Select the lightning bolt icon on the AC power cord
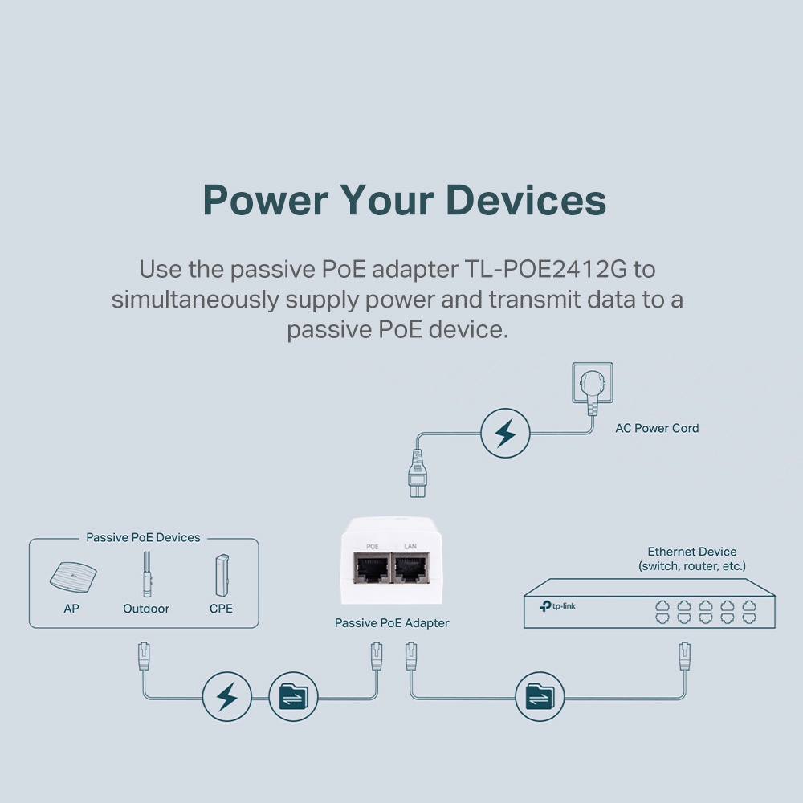click(x=505, y=434)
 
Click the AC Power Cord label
click(x=657, y=428)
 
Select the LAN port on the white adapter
click(x=410, y=569)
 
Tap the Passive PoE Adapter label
click(x=392, y=623)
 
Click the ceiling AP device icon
click(x=71, y=576)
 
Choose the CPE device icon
click(x=221, y=574)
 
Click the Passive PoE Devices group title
click(x=143, y=538)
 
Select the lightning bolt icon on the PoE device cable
click(x=227, y=696)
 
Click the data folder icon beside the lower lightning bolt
click(x=292, y=696)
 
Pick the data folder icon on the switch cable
click(x=540, y=696)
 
